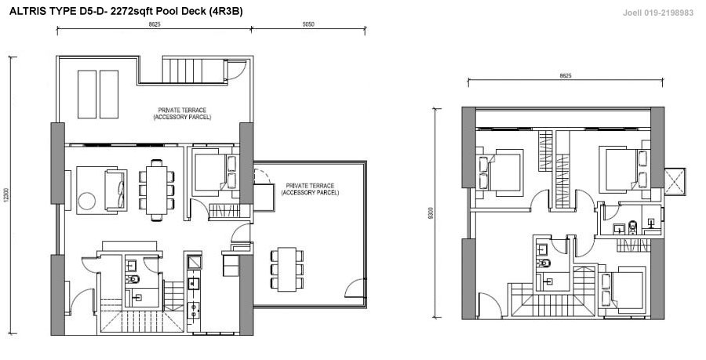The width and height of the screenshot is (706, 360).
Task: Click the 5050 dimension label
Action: [308, 25]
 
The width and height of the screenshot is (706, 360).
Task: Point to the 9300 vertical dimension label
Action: [431, 213]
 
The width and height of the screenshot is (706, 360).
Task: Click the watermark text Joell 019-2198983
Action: [658, 13]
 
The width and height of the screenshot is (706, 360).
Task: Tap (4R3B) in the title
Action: [226, 12]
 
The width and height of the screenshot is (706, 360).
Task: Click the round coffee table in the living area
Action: [87, 200]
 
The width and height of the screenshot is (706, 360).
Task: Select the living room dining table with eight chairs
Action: [156, 191]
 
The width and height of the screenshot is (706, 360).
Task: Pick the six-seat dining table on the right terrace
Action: [287, 269]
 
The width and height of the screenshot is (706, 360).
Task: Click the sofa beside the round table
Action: [116, 190]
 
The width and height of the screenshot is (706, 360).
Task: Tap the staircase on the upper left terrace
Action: [193, 71]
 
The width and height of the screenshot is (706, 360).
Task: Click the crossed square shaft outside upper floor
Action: [675, 182]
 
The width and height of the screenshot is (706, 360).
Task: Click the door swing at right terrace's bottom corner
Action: [355, 289]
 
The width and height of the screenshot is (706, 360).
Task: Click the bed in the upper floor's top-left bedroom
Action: [500, 173]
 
